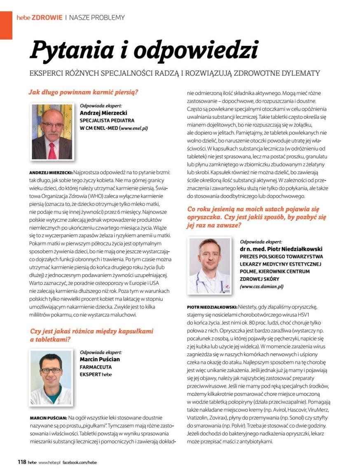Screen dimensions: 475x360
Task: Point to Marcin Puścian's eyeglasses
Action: pyautogui.click(x=51, y=370)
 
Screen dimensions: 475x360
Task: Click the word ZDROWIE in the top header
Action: pyautogui.click(x=48, y=17)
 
